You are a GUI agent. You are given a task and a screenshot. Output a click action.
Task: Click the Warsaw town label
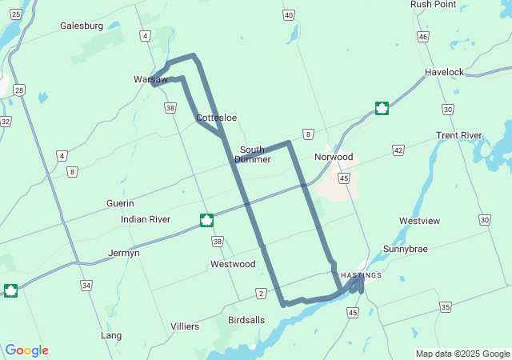150,80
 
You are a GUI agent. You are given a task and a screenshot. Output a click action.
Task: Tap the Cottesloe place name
217,118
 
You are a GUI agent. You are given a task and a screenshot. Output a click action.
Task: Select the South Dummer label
252,154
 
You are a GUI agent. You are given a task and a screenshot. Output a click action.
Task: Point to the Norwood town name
334,157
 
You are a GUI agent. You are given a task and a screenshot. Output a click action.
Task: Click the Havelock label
444,72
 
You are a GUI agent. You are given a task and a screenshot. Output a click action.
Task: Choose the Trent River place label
459,135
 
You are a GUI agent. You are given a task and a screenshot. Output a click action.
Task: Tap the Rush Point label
433,5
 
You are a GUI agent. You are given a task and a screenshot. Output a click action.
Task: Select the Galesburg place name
82,26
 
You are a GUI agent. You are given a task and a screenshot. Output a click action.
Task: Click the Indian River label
146,219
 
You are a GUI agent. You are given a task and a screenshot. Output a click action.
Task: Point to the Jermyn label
124,254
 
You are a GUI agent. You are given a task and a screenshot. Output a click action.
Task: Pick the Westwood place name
233,264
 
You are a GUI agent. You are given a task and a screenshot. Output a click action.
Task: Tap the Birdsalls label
246,320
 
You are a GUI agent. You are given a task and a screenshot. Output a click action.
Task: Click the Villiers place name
185,326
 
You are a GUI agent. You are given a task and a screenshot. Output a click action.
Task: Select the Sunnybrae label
405,249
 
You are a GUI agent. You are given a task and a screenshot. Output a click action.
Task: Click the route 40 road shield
288,15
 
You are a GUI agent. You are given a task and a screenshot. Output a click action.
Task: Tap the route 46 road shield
422,37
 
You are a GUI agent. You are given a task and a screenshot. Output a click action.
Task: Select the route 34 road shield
86,285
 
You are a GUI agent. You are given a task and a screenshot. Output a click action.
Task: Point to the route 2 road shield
262,294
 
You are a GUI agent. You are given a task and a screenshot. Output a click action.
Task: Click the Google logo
27,350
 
